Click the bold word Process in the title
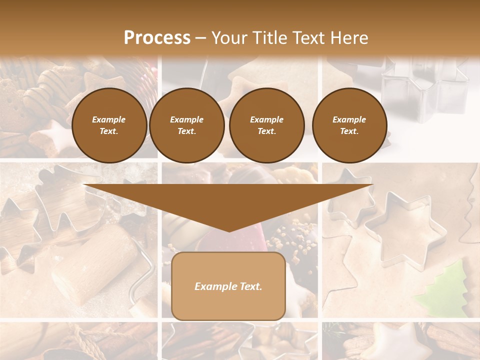[x=157, y=38]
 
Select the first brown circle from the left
[x=109, y=125]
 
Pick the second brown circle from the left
[x=186, y=125]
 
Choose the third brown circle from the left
[x=266, y=125]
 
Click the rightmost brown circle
[x=349, y=125]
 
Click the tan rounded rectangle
[x=228, y=305]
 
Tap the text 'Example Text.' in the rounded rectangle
[x=228, y=286]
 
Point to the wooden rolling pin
[x=95, y=265]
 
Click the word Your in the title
[x=228, y=38]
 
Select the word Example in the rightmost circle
[x=349, y=119]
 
